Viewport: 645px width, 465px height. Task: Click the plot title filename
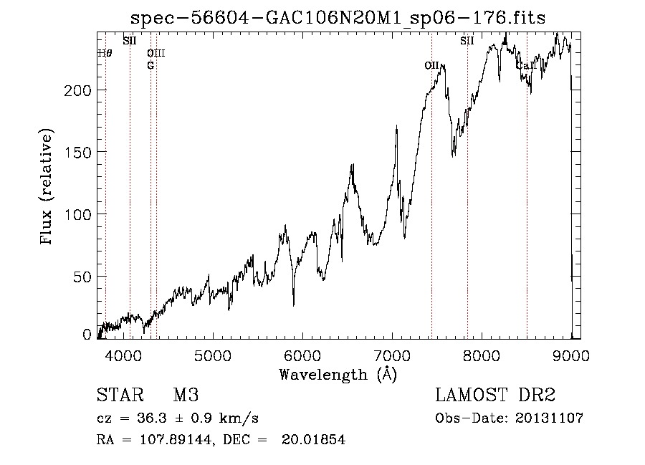(x=339, y=19)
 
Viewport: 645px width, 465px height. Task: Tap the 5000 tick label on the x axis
(x=213, y=355)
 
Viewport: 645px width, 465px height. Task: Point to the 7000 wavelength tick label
(x=392, y=355)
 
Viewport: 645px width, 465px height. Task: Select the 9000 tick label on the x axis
(x=571, y=355)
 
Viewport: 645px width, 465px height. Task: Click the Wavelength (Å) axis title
(x=338, y=373)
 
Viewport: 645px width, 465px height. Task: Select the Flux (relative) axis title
(x=47, y=188)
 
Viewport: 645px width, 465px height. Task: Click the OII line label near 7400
(x=431, y=65)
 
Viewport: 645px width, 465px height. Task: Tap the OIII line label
(x=156, y=52)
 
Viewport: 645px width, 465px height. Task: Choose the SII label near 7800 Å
(x=467, y=40)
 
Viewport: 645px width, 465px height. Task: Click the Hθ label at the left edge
(x=105, y=52)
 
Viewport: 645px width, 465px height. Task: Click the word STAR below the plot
(x=118, y=396)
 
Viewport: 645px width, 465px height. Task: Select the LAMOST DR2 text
(x=495, y=396)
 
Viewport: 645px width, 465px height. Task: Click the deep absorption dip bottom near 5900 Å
(x=293, y=305)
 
